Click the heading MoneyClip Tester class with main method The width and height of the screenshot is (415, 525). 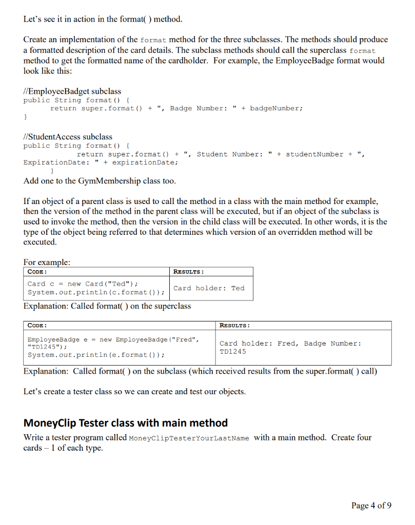point(126,423)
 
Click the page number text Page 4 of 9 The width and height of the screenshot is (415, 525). point(371,506)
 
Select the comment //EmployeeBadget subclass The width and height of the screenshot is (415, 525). point(72,91)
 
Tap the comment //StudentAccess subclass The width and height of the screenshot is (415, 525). point(68,137)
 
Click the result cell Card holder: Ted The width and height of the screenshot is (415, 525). point(209,288)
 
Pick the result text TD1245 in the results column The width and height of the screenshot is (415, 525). point(232,351)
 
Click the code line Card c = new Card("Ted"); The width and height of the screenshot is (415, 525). point(83,284)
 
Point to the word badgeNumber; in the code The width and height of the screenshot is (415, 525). point(276,108)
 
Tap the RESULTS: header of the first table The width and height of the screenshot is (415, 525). point(188,272)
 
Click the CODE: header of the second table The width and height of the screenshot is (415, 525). point(37,326)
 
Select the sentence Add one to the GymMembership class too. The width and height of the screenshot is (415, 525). point(100,181)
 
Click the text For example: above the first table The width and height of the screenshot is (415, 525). point(47,262)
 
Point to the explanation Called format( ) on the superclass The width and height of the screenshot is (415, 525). point(107,306)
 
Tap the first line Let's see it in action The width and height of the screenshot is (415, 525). point(103,20)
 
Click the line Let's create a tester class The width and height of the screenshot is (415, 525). point(134,392)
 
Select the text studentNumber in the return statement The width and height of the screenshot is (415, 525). point(312,154)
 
